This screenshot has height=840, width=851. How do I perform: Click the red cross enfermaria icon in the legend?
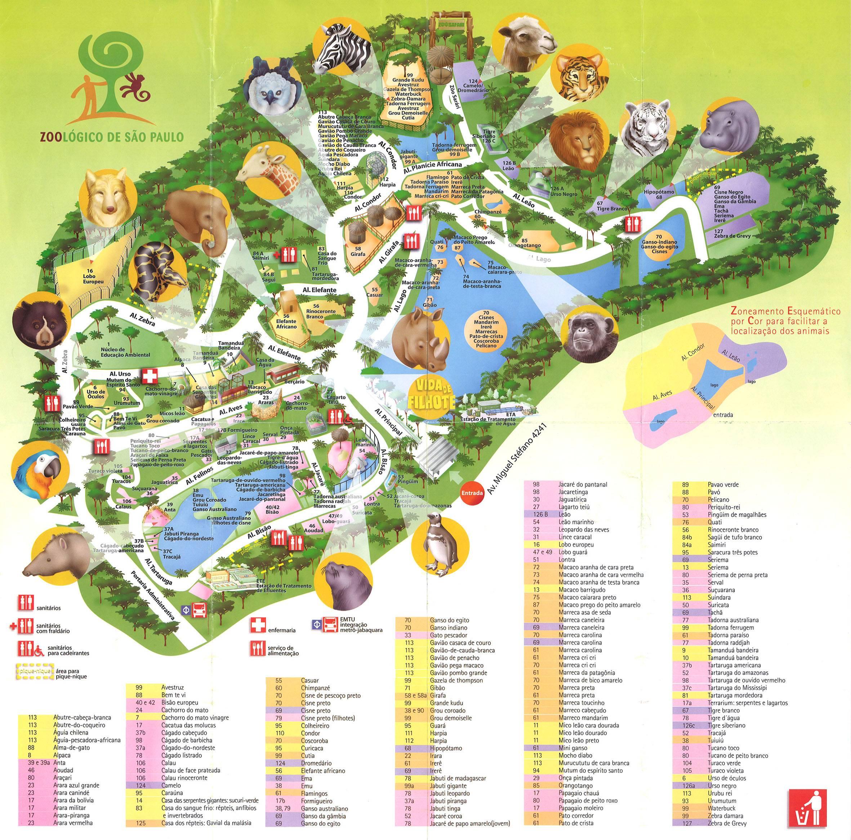pos(257,624)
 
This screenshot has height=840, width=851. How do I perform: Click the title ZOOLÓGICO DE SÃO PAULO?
pos(111,137)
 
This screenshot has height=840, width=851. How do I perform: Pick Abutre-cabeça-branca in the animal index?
pos(82,717)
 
